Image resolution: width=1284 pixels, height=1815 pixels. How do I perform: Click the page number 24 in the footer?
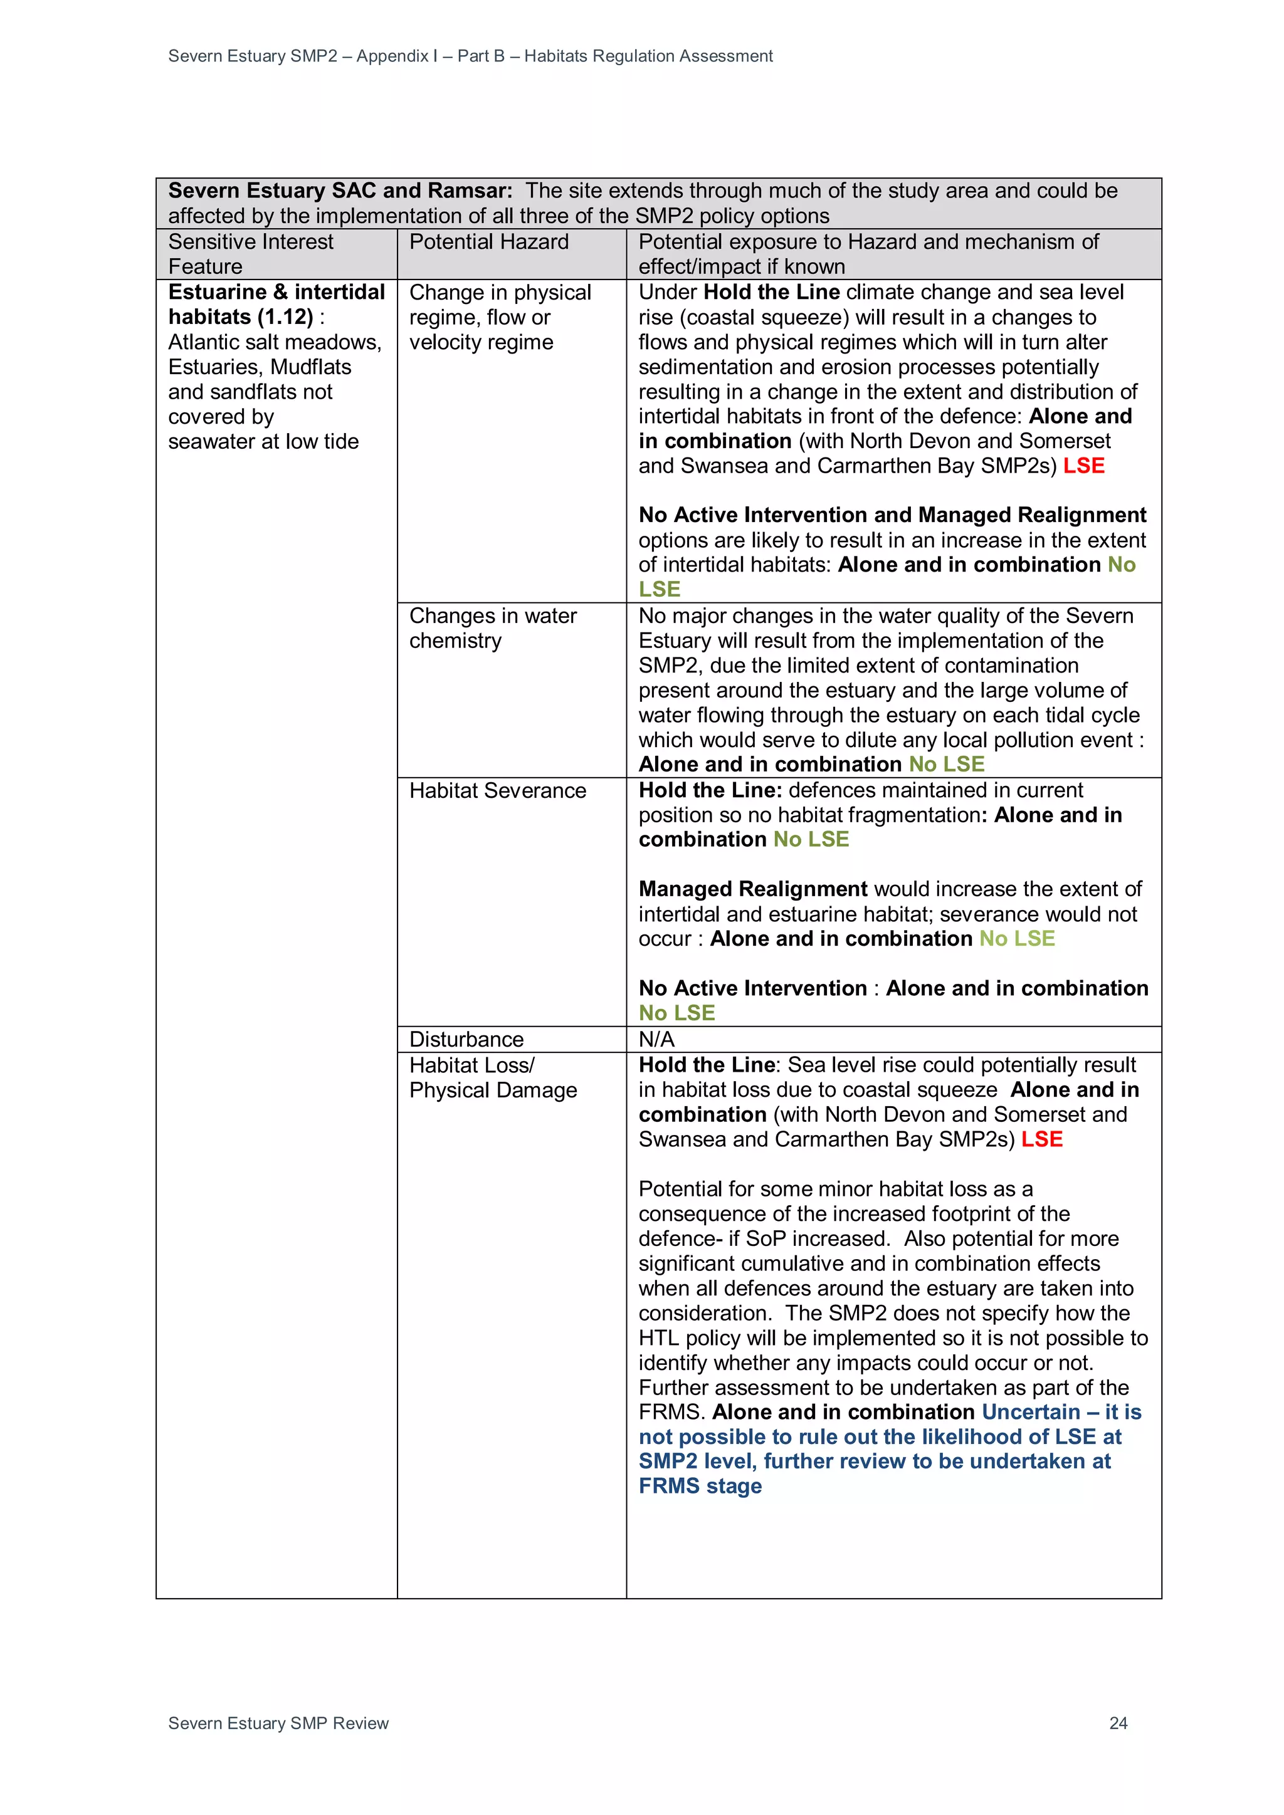(1118, 1723)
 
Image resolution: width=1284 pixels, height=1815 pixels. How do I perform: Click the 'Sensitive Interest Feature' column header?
(251, 254)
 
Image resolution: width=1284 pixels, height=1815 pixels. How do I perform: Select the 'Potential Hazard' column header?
(488, 242)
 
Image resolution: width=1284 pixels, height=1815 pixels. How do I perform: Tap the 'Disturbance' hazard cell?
(466, 1040)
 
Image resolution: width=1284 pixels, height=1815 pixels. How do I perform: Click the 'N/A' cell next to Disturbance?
(656, 1040)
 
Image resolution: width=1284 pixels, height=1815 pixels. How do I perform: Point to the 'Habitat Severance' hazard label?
(497, 790)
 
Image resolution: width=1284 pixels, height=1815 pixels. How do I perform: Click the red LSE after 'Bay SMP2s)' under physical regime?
(1083, 466)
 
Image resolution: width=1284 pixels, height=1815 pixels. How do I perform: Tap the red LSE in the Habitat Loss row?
(1041, 1139)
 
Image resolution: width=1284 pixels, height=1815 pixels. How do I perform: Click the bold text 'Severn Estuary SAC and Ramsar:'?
(340, 191)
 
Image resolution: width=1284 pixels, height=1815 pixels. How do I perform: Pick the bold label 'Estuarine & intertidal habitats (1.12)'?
(276, 305)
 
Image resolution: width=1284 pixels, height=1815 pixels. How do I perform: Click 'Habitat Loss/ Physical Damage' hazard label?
(493, 1077)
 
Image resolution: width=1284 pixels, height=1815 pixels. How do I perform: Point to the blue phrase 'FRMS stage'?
(700, 1486)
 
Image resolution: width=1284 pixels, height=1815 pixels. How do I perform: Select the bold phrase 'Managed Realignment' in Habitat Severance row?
(753, 889)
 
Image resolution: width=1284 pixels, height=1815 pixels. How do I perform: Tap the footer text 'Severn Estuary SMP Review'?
(278, 1723)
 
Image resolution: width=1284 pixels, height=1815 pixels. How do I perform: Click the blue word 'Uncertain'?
(1030, 1412)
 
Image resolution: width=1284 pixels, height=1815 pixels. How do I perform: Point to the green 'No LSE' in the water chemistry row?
(947, 765)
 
